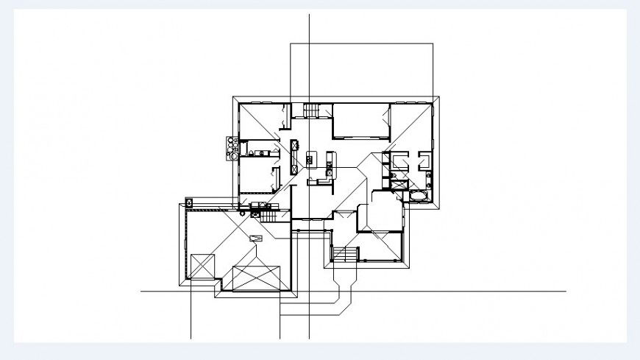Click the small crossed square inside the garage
tap(202, 265)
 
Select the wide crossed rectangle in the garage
tap(257, 278)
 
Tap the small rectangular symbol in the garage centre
tap(256, 237)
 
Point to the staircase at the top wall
tap(312, 110)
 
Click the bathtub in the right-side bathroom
tap(418, 195)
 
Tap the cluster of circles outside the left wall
tap(229, 146)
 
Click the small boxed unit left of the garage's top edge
tap(189, 200)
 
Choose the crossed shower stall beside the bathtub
tap(398, 185)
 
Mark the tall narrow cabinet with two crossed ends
tap(294, 155)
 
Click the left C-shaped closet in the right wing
tap(399, 161)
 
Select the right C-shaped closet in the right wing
tap(425, 161)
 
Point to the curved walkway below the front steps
tap(343, 291)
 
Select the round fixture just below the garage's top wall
tap(242, 212)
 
